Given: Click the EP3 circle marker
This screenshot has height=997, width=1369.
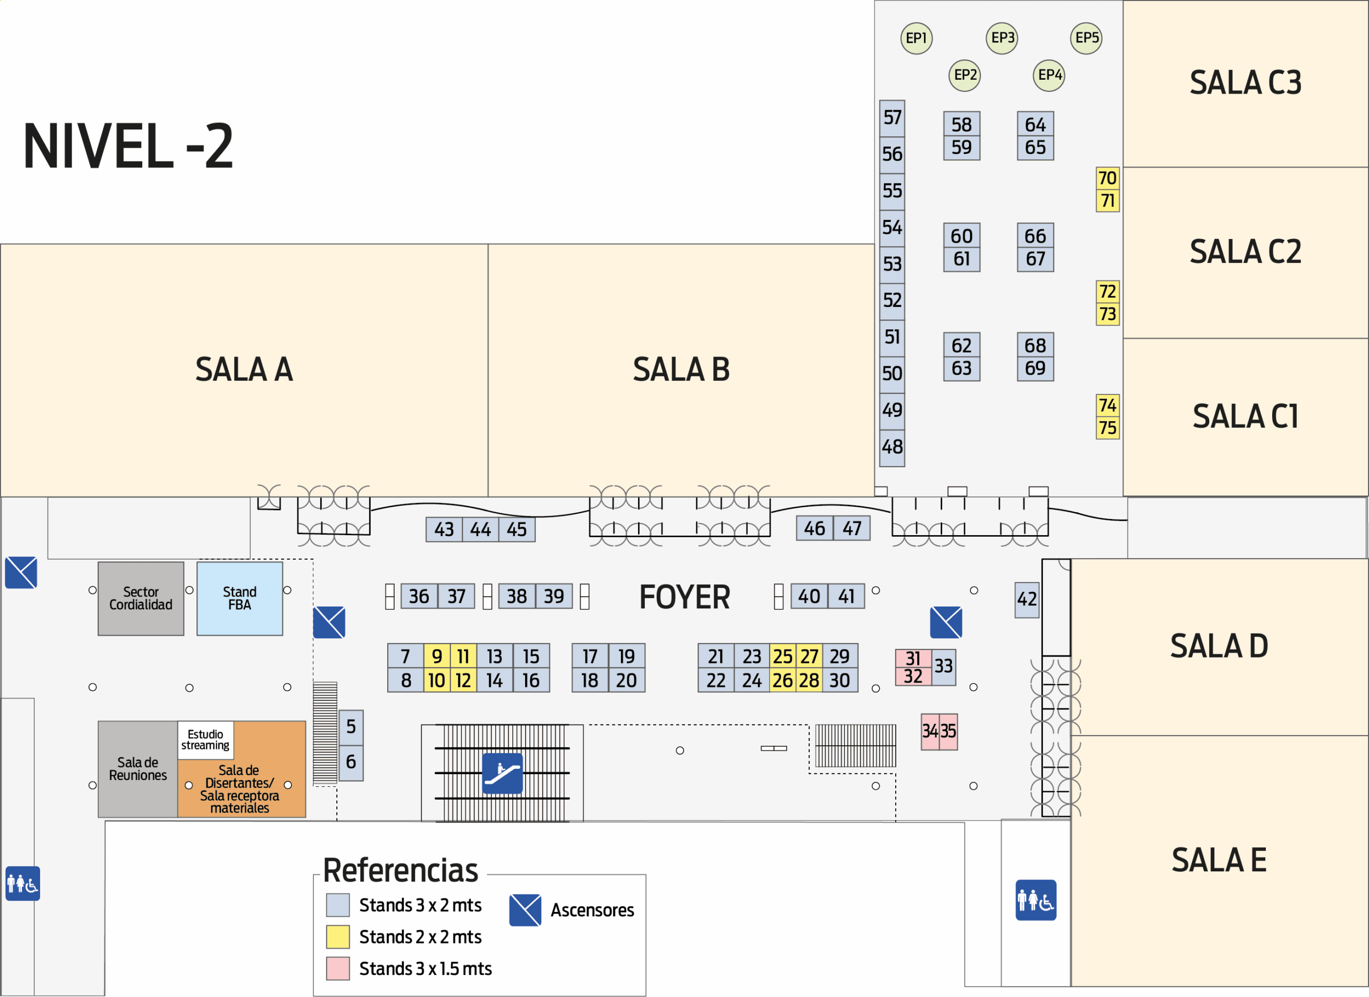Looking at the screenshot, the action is (1002, 38).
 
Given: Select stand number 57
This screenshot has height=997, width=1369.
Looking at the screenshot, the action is (892, 118).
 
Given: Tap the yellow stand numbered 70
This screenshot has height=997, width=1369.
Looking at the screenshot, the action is (1107, 179).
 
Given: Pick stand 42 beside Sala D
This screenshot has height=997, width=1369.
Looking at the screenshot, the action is (1027, 600).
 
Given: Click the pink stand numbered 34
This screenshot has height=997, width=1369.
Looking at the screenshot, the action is (929, 731).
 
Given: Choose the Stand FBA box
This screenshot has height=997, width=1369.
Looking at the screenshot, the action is (240, 599).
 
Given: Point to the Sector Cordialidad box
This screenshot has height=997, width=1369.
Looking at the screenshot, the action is (141, 599).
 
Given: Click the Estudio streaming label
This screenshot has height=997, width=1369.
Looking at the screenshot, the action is (205, 740).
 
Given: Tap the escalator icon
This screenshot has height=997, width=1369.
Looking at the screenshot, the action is (502, 773).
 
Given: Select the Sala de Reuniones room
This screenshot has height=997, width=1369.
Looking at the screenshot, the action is (137, 769).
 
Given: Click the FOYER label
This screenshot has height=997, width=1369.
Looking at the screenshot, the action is (684, 598).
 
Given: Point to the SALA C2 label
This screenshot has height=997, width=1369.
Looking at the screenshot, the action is (1245, 252).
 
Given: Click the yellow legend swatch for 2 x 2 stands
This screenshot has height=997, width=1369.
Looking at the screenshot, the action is (337, 937).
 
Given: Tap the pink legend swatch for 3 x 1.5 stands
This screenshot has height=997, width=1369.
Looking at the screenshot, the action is (337, 969).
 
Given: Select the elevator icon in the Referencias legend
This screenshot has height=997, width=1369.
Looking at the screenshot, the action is (525, 910).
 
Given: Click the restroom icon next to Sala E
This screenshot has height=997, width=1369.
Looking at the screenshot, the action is (1036, 900).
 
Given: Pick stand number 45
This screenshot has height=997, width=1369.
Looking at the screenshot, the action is (517, 529).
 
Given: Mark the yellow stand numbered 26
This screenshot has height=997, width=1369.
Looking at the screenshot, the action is (782, 681).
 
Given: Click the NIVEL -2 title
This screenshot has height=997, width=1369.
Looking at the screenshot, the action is (128, 145).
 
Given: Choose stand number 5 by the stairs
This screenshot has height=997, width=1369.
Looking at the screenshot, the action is (351, 727).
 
